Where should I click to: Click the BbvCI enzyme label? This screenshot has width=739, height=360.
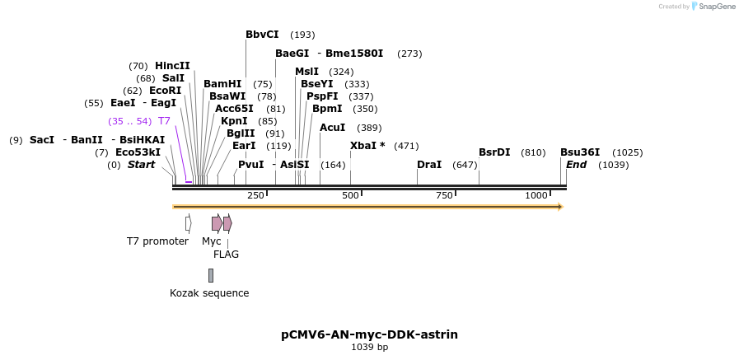(x=262, y=35)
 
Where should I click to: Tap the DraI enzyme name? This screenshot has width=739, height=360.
(x=429, y=165)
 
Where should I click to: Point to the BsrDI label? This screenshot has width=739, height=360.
(x=494, y=152)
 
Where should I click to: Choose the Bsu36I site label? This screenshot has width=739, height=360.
(x=580, y=152)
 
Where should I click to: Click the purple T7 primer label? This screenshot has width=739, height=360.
(x=164, y=121)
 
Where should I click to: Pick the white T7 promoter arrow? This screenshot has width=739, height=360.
(x=189, y=223)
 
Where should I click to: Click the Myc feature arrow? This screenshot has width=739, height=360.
(x=217, y=223)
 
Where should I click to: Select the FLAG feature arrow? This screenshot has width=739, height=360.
(x=227, y=223)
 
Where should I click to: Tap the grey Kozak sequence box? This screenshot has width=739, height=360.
(x=211, y=275)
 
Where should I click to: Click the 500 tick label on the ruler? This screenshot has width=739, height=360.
(x=350, y=195)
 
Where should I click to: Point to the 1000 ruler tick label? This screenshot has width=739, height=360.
(x=536, y=195)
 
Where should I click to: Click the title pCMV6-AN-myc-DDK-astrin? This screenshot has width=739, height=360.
(x=369, y=334)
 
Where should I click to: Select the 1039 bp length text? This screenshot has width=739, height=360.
(x=369, y=348)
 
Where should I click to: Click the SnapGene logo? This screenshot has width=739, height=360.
(x=713, y=6)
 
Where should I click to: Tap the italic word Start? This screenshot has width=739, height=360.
(x=141, y=165)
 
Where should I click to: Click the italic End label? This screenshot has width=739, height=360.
(x=577, y=165)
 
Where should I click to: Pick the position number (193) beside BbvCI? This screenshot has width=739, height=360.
(x=302, y=35)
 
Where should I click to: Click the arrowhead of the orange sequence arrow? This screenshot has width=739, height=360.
(x=561, y=207)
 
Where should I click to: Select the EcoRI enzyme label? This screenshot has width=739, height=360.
(x=165, y=90)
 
